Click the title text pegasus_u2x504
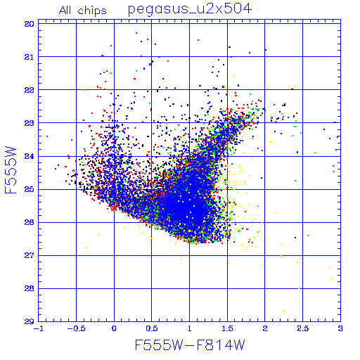click(x=190, y=9)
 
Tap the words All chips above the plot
click(x=83, y=11)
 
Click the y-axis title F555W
click(x=11, y=169)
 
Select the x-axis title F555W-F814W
click(x=190, y=345)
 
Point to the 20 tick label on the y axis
click(x=30, y=24)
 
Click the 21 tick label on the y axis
click(x=30, y=57)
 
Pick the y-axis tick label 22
click(x=30, y=90)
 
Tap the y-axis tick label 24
click(x=30, y=156)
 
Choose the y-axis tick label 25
click(x=30, y=189)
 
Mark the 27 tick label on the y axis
click(x=30, y=255)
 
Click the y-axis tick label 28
click(x=30, y=288)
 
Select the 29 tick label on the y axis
click(x=30, y=321)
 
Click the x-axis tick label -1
click(x=38, y=328)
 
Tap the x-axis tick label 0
click(x=114, y=328)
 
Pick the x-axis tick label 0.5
click(x=152, y=328)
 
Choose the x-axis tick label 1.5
click(x=227, y=328)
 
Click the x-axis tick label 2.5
click(x=302, y=328)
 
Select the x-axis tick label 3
click(x=340, y=328)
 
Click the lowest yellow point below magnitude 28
click(x=284, y=311)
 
